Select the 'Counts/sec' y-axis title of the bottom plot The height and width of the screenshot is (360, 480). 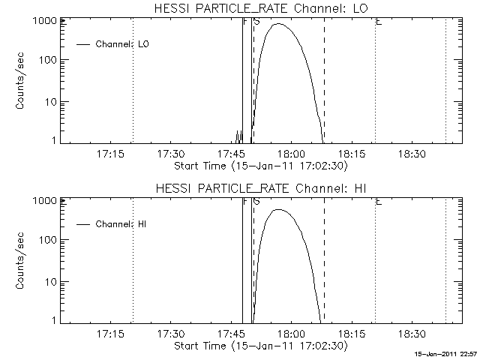coord(22,262)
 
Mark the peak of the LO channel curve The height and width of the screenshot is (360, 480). coord(279,24)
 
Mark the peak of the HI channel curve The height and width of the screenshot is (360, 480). coord(279,210)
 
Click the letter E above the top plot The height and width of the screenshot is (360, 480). coord(379,22)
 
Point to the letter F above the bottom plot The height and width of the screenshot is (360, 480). coord(245,202)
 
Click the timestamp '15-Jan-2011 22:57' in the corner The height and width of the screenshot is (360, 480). coord(446,353)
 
